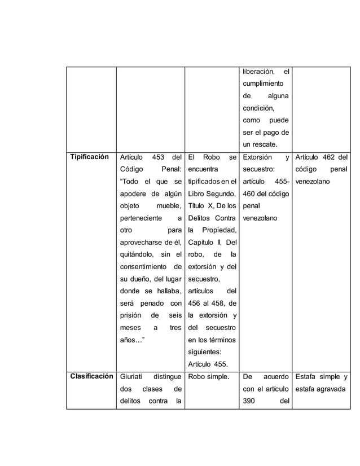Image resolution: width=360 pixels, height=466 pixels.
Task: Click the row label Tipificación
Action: [x=89, y=157]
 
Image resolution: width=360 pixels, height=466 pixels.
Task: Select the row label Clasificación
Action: [x=90, y=376]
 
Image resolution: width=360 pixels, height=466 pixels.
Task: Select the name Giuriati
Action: [x=133, y=376]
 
